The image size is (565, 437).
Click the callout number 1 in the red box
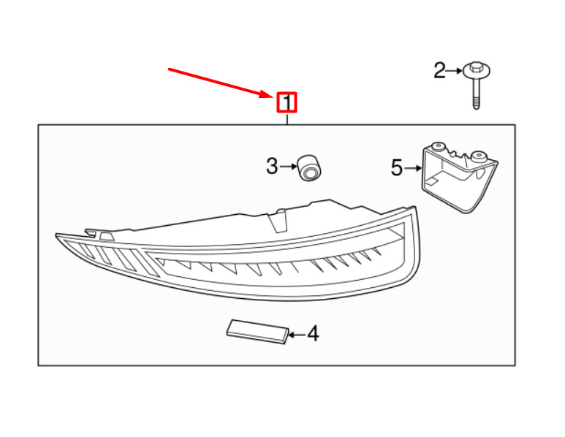click(287, 102)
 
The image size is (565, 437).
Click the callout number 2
click(439, 71)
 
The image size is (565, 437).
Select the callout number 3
click(272, 167)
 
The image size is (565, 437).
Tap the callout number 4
click(313, 335)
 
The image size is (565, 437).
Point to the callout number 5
click(397, 169)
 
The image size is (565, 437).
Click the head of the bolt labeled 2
click(476, 71)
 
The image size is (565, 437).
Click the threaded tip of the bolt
click(476, 105)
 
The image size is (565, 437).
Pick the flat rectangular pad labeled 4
click(256, 330)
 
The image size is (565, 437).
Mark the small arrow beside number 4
click(296, 335)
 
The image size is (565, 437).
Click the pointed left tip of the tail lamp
click(57, 235)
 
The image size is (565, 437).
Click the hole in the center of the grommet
click(310, 173)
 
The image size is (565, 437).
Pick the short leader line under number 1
click(287, 118)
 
